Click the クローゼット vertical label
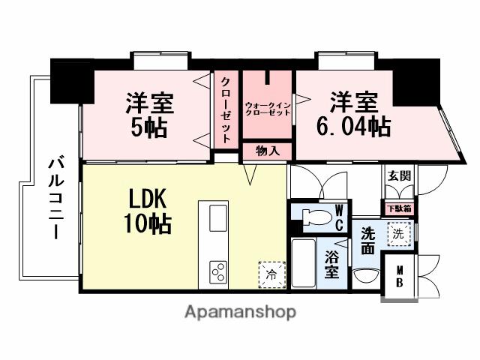click(x=225, y=111)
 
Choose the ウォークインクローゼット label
click(x=267, y=108)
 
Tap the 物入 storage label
click(x=268, y=151)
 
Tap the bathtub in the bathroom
click(x=303, y=264)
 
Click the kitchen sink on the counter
click(x=217, y=219)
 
